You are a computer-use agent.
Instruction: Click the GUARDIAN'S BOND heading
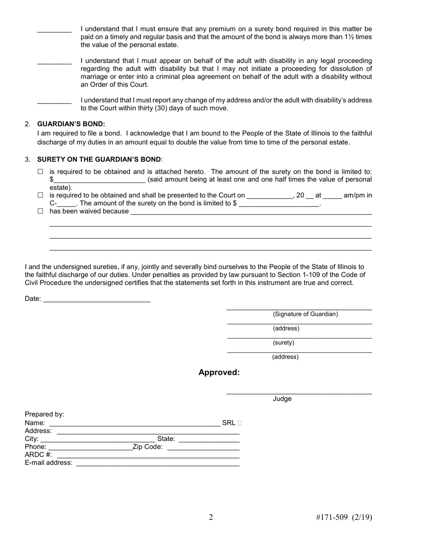[71, 124]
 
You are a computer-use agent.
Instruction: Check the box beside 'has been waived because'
[40, 211]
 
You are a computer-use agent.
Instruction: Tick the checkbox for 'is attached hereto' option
[40, 172]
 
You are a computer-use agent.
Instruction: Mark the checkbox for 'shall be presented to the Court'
[40, 195]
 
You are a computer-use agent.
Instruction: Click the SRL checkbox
[240, 423]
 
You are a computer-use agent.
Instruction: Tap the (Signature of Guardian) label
[305, 314]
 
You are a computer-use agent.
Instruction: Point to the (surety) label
[283, 343]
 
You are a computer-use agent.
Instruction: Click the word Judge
[282, 399]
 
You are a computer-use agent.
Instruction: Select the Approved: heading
[219, 373]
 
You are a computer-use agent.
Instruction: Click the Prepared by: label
[44, 414]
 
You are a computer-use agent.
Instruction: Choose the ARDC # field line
[148, 455]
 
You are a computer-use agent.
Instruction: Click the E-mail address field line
[158, 463]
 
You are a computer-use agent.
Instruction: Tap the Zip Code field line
[203, 447]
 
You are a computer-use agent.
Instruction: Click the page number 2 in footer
[211, 517]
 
